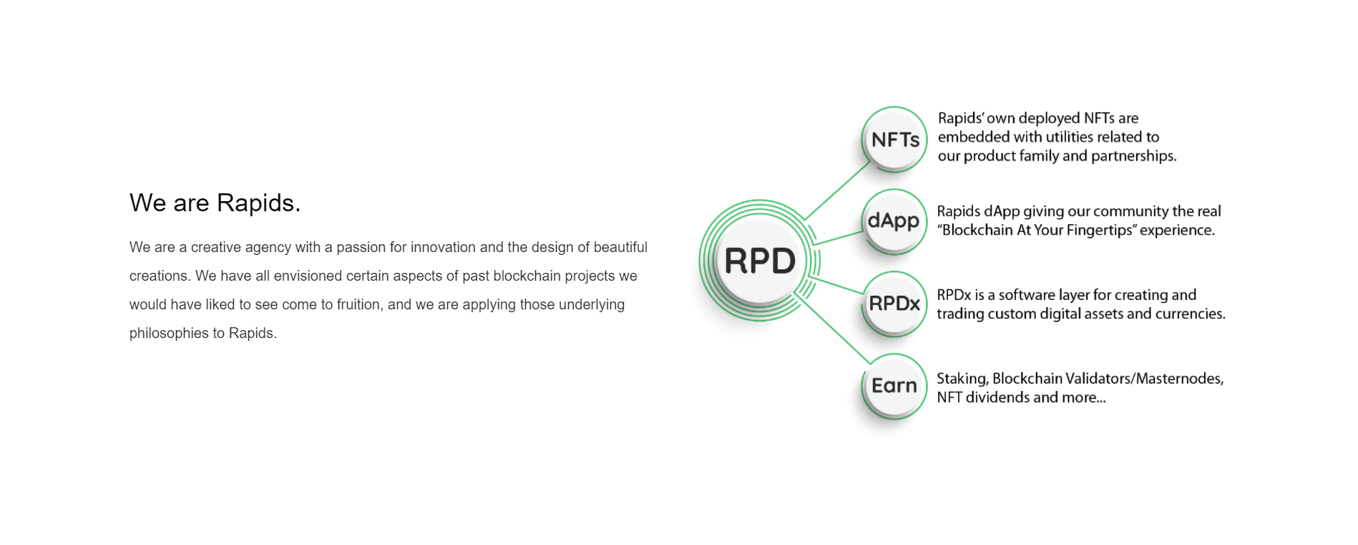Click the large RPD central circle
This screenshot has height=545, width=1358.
[x=759, y=260]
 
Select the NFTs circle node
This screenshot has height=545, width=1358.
[x=894, y=139]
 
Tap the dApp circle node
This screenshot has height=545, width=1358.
[x=894, y=221]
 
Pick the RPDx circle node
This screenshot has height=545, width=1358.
[x=894, y=304]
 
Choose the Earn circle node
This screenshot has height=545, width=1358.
[x=894, y=386]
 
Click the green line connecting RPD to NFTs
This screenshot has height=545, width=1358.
[x=837, y=190]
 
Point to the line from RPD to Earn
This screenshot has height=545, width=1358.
[x=832, y=327]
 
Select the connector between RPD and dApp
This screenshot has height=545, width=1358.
[x=839, y=238]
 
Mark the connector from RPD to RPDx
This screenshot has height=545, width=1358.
[x=840, y=286]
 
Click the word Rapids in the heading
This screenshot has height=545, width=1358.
[x=258, y=203]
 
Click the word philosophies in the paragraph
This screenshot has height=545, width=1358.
[x=169, y=333]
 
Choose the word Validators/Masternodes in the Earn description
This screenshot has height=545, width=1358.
[x=1145, y=378]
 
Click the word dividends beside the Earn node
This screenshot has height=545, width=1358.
[x=997, y=397]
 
